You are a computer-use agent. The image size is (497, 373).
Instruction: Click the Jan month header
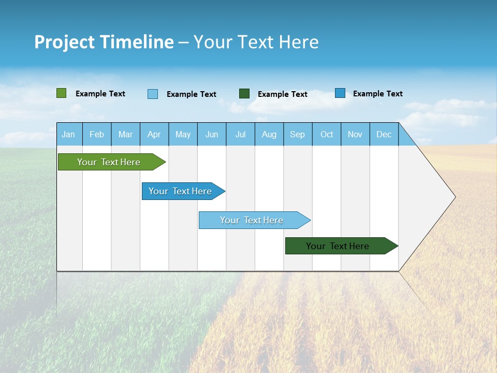point(69,134)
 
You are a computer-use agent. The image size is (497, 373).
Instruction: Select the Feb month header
point(97,134)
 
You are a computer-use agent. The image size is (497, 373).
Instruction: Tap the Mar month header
point(125,134)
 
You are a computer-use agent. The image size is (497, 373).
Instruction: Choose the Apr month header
point(154,134)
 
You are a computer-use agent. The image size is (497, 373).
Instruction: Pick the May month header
point(183,134)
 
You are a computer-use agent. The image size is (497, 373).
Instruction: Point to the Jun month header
point(212,134)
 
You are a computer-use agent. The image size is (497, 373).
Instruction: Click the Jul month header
point(240,134)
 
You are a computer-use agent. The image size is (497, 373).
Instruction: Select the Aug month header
point(269,134)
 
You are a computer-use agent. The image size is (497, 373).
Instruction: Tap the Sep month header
point(298,134)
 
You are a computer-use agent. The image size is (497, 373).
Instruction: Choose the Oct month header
point(327,134)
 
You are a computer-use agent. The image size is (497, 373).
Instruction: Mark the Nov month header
point(355,134)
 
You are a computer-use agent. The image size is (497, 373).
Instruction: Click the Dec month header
point(384,134)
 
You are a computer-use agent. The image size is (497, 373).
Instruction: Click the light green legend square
point(62,93)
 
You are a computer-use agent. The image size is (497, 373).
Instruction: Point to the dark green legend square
point(244,94)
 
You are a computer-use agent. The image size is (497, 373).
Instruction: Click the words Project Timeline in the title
point(104,42)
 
